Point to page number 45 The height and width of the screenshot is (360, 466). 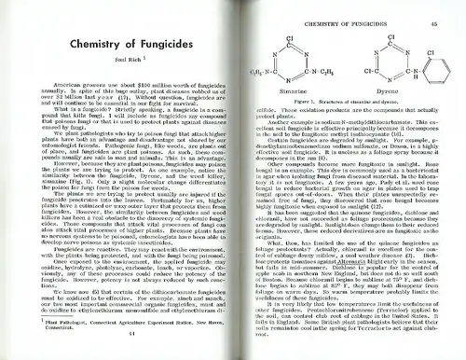tap(435, 10)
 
